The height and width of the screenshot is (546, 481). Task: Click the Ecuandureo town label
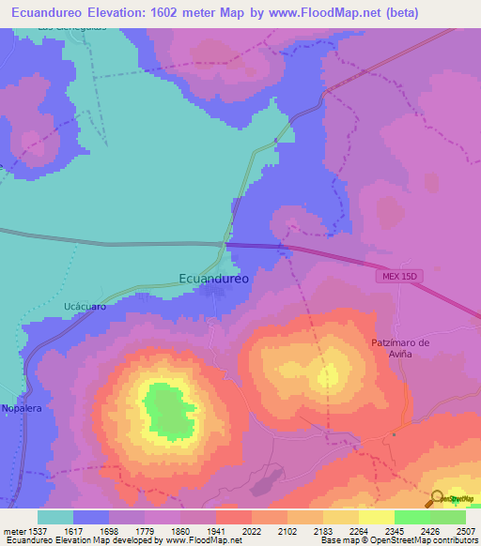click(x=213, y=278)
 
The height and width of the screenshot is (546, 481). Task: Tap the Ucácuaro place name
click(x=82, y=306)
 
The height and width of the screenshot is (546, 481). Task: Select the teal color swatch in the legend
click(x=55, y=516)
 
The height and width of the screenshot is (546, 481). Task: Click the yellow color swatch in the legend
click(x=376, y=516)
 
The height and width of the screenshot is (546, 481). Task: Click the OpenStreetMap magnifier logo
click(x=435, y=499)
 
